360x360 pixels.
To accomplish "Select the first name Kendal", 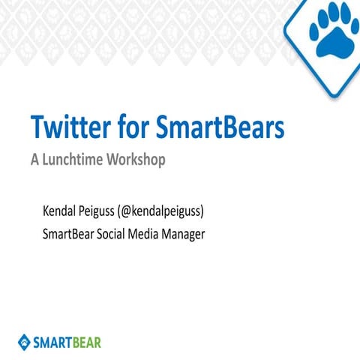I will coord(64,211).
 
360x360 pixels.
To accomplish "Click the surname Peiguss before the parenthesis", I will coord(109,211).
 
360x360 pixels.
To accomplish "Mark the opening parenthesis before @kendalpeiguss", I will coord(133,211).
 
